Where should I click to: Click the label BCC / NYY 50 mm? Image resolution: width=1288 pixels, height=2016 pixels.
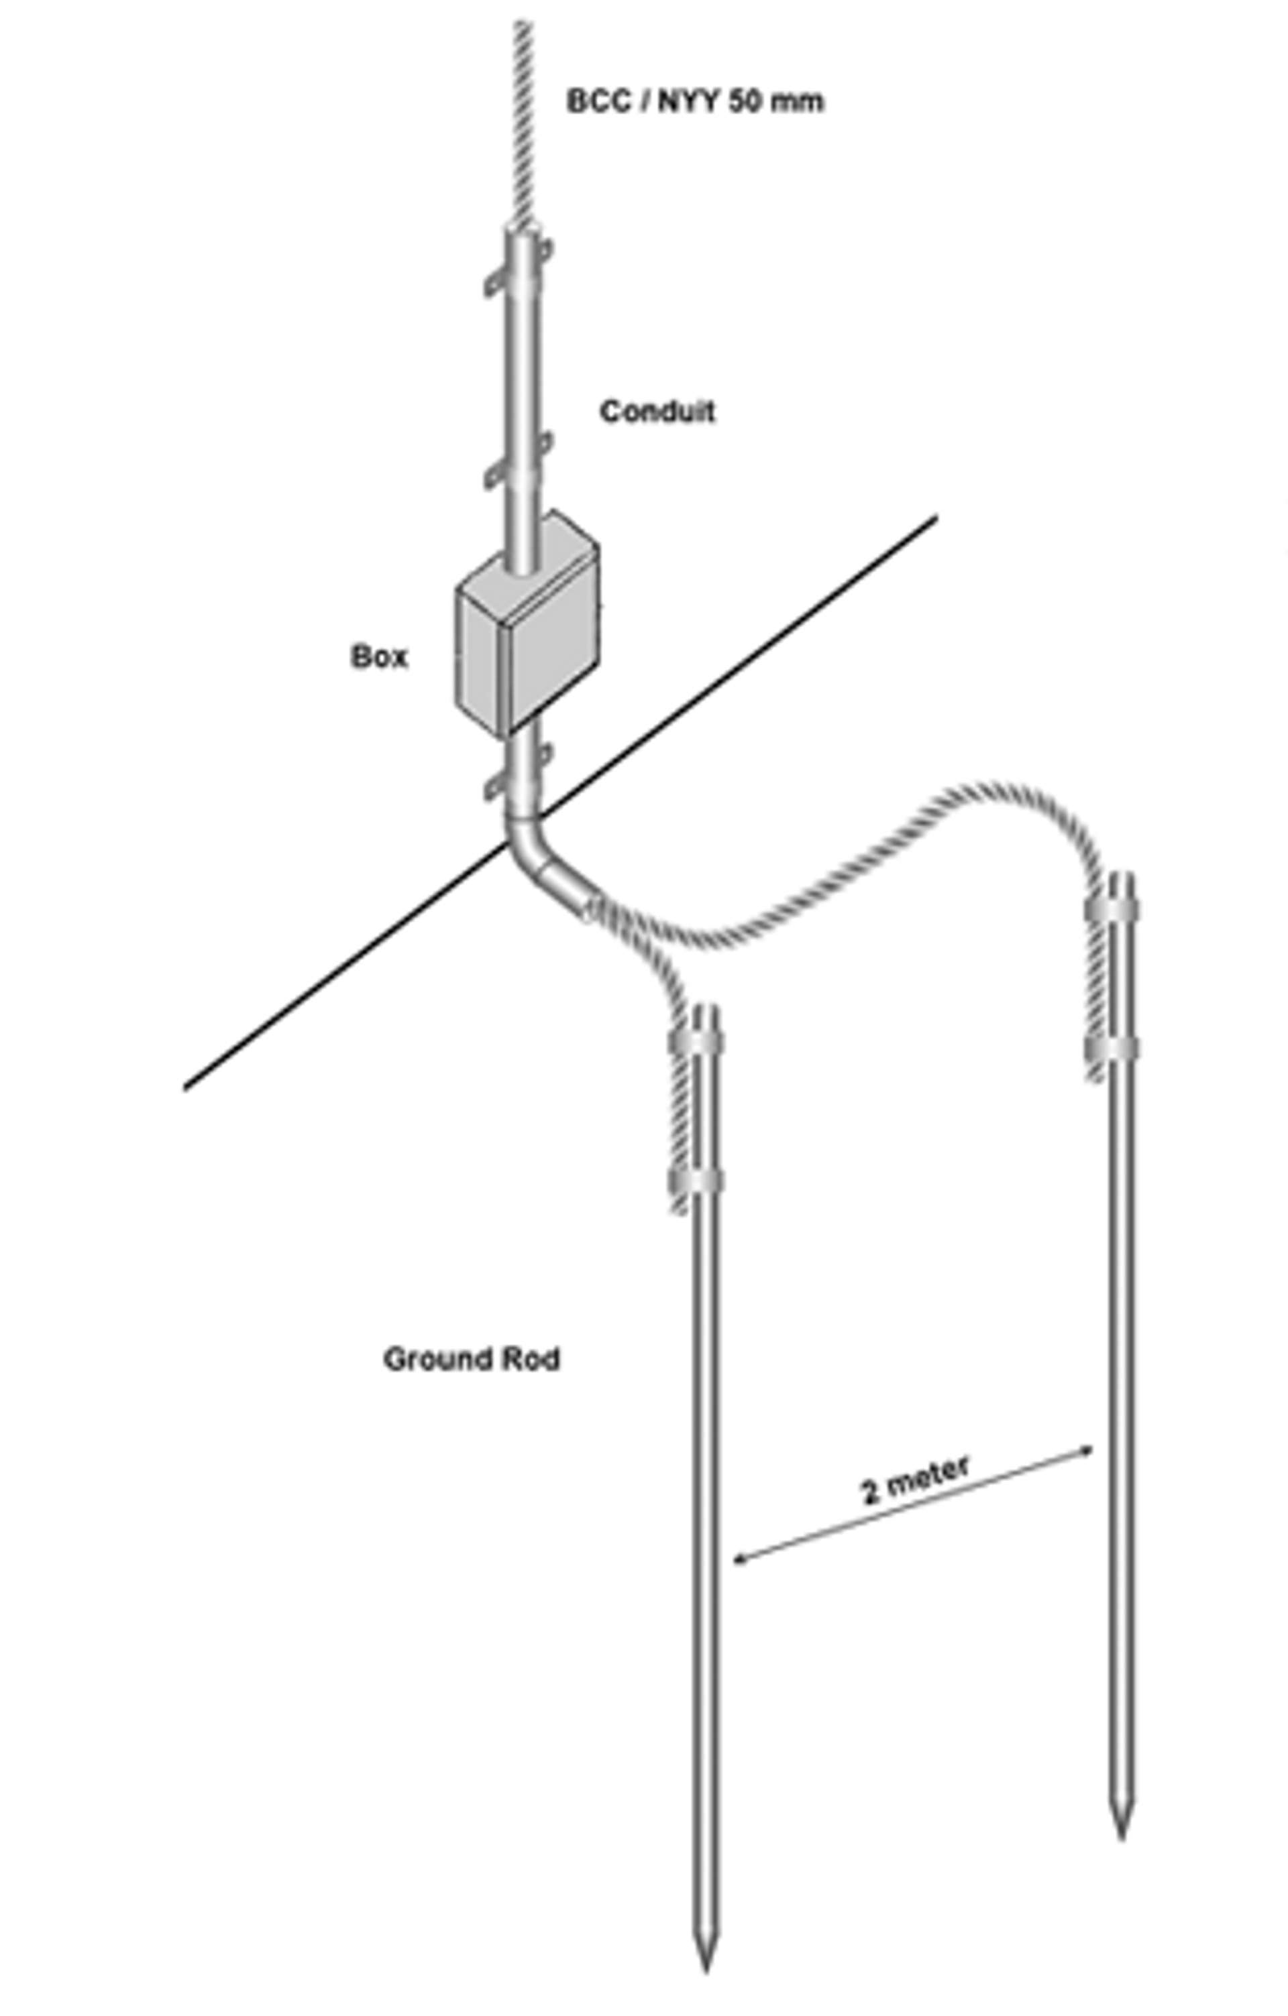[695, 101]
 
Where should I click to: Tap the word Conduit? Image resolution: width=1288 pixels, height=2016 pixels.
[657, 411]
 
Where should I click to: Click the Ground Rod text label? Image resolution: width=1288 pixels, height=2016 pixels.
[472, 1358]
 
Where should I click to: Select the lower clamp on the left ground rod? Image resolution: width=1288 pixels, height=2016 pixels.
[697, 1181]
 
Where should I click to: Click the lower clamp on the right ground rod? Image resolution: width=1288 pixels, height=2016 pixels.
[1112, 1048]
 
